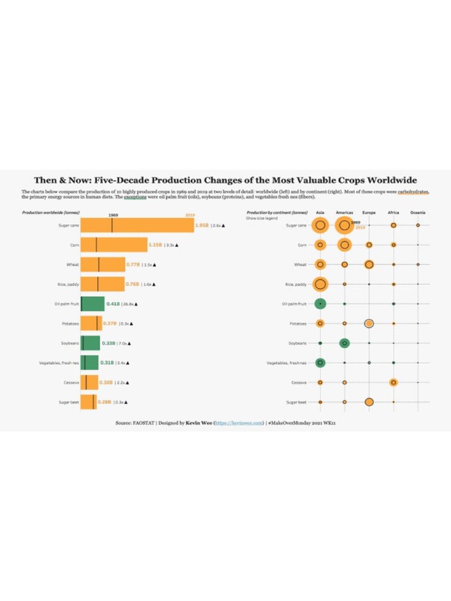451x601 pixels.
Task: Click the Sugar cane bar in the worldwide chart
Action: [137, 225]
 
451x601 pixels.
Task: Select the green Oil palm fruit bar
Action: [92, 304]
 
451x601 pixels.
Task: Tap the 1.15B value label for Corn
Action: [155, 244]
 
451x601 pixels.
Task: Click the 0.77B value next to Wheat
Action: [133, 265]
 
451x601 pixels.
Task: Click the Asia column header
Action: [320, 212]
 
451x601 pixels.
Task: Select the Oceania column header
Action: [418, 212]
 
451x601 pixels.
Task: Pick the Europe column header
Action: [369, 212]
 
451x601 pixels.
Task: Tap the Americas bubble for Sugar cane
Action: [344, 225]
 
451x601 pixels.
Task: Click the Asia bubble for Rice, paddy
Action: [320, 284]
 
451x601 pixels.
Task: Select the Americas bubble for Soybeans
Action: [345, 343]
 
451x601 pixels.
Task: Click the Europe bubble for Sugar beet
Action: [369, 402]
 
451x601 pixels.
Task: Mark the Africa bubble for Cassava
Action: [393, 382]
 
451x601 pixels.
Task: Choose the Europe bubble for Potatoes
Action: [369, 323]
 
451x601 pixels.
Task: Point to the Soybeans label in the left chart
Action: [70, 343]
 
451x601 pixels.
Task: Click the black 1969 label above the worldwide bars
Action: [113, 215]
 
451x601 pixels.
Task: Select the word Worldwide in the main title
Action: [390, 180]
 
